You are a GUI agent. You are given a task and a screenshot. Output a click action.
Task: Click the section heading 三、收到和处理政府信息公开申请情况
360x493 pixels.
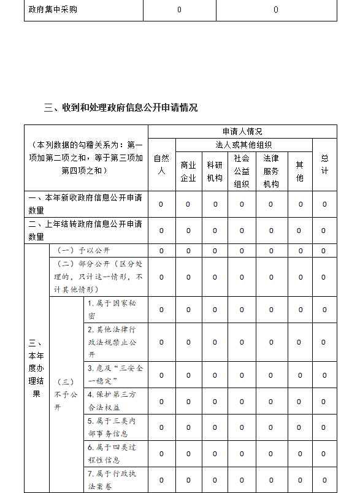pyautogui.click(x=121, y=107)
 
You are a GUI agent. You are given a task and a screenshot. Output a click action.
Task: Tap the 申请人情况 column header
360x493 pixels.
pyautogui.click(x=242, y=131)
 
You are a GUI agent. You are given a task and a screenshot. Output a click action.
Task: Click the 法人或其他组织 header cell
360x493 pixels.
pyautogui.click(x=243, y=145)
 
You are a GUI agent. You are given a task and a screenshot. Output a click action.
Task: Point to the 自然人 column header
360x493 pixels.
pyautogui.click(x=161, y=164)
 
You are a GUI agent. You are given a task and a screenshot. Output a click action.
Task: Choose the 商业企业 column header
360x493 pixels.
pyautogui.click(x=188, y=171)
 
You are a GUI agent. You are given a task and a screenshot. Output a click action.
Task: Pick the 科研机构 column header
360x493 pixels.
pyautogui.click(x=215, y=171)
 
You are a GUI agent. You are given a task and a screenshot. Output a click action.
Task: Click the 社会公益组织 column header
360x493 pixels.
pyautogui.click(x=242, y=171)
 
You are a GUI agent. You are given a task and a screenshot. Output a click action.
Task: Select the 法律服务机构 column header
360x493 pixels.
pyautogui.click(x=271, y=171)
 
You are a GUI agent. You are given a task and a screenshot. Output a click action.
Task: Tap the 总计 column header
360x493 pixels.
pyautogui.click(x=324, y=164)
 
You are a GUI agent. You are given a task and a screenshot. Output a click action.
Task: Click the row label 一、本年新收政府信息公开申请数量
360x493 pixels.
pyautogui.click(x=85, y=204)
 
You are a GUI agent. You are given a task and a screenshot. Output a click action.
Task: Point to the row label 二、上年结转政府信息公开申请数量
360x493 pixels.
pyautogui.click(x=85, y=230)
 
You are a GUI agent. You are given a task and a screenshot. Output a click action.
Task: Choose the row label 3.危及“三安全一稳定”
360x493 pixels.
pyautogui.click(x=115, y=375)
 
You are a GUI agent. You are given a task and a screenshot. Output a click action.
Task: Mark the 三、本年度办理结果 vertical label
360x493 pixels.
pyautogui.click(x=36, y=368)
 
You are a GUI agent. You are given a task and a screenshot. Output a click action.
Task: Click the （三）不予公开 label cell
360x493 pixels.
pyautogui.click(x=66, y=394)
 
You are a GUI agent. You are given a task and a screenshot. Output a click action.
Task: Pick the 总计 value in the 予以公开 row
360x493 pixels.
pyautogui.click(x=324, y=250)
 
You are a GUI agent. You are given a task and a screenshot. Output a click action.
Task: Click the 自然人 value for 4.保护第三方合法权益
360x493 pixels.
pyautogui.click(x=161, y=402)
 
